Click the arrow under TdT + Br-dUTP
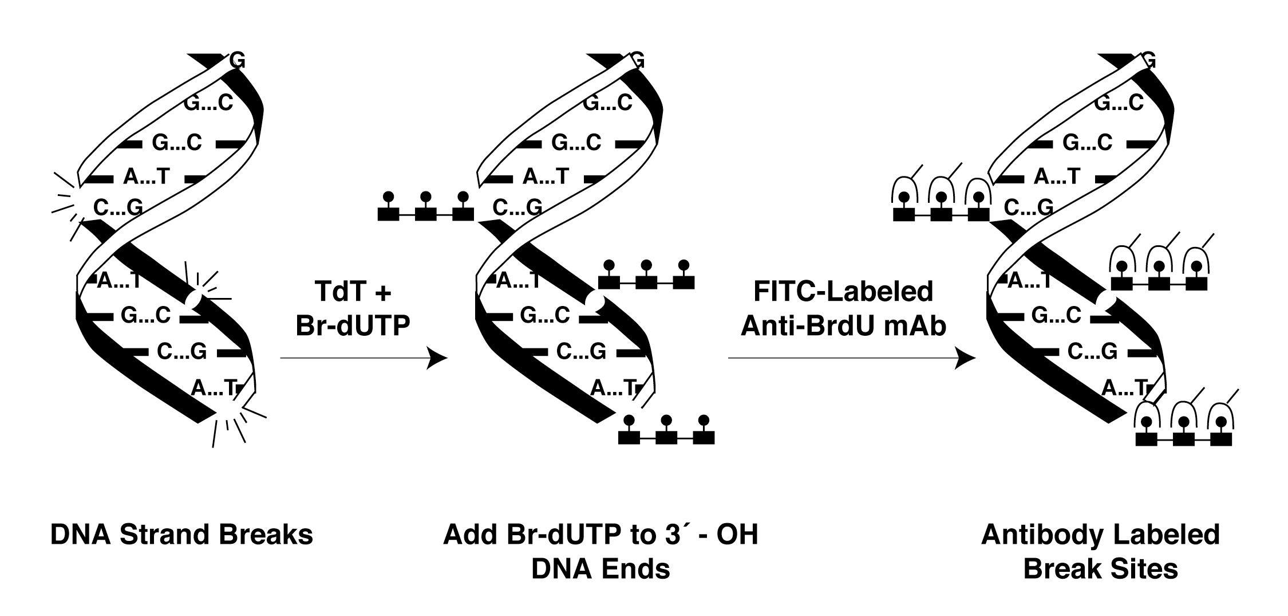[363, 358]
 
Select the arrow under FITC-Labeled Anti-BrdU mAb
[851, 358]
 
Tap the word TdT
[339, 291]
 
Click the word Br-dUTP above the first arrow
[353, 325]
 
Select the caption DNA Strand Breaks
[181, 535]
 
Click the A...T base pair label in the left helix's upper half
[147, 176]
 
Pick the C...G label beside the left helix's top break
[118, 207]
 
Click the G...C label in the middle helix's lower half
[545, 315]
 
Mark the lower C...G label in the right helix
[1092, 351]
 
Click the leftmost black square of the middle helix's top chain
[388, 214]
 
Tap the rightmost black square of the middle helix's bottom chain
[704, 438]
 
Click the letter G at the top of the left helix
[237, 60]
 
